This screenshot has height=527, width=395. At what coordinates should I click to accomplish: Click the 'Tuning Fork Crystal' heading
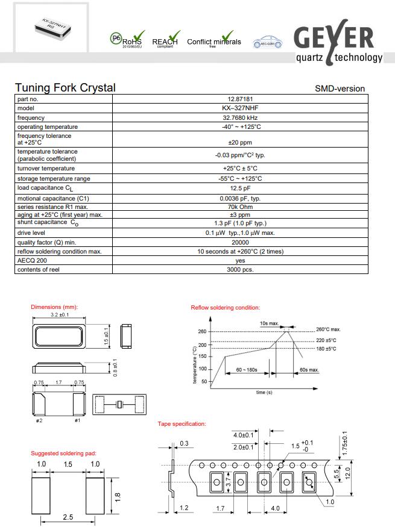(65, 88)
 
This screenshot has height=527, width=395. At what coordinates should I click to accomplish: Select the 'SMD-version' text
(340, 89)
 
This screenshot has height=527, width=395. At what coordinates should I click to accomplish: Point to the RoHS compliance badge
(127, 40)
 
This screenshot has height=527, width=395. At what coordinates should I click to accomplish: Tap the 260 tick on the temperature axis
(202, 332)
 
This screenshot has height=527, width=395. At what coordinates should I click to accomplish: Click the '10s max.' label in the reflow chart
(270, 323)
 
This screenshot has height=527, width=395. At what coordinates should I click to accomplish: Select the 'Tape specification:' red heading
(182, 424)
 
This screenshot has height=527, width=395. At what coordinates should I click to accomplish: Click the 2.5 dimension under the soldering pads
(68, 517)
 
